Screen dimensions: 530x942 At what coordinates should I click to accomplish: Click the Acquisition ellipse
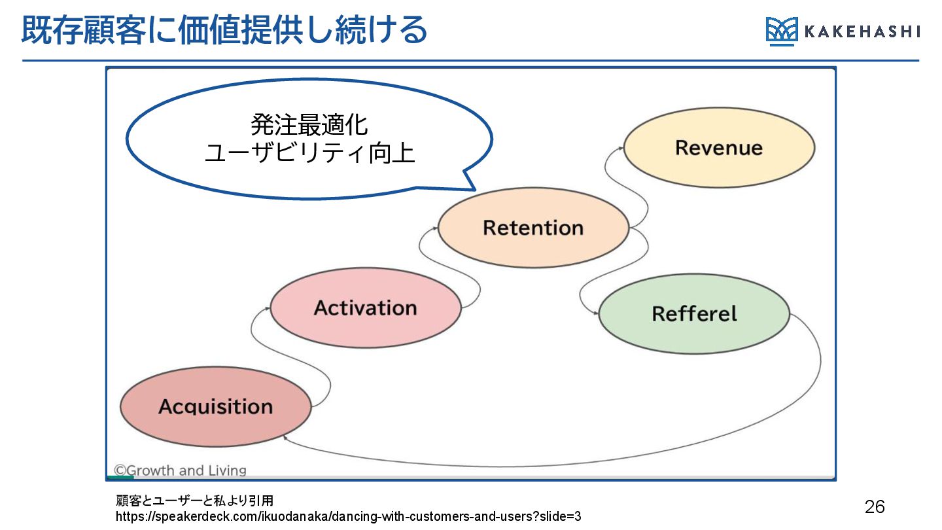tap(216, 406)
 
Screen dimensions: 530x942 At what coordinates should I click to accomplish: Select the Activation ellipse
tap(366, 308)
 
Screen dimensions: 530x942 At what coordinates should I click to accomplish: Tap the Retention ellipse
tap(533, 228)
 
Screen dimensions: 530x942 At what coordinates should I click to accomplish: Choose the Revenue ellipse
tap(719, 147)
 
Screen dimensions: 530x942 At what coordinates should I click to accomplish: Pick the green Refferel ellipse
tap(694, 313)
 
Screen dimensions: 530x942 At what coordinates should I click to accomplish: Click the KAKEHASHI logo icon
tap(782, 31)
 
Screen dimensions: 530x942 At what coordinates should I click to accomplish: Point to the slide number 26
tap(875, 506)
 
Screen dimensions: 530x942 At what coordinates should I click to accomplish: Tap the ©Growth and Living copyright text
tap(181, 470)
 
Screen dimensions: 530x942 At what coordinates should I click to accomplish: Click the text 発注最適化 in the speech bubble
tap(309, 124)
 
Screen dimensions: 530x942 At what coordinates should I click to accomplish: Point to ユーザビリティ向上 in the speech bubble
tap(309, 152)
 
